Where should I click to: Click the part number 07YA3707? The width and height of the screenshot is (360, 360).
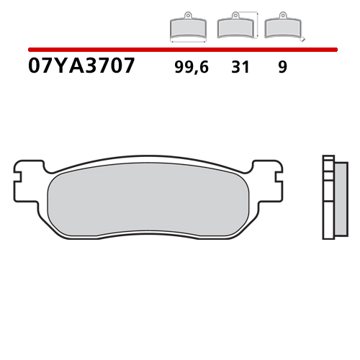coord(81,67)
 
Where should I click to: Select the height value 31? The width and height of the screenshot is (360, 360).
coord(240,68)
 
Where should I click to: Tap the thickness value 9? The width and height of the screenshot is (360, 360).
coord(282,68)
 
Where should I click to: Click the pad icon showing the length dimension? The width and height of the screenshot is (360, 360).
coord(188,27)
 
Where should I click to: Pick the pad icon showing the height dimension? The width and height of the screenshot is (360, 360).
coord(235,27)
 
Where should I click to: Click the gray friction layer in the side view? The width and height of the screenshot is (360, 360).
coord(341,199)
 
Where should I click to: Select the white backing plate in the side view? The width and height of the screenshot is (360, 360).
coord(328,199)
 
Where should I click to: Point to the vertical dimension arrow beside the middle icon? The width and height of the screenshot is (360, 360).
coord(257,23)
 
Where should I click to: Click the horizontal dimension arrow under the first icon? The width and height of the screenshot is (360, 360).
coord(188,42)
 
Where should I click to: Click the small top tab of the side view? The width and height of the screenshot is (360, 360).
coord(328,158)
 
